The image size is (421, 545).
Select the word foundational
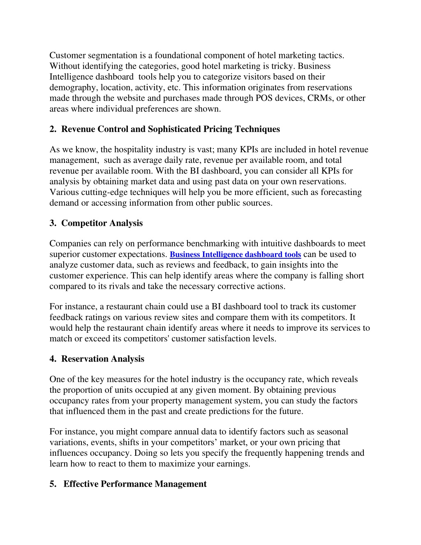pos(178,56)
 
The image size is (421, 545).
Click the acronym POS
pos(264,98)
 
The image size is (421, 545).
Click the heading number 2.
pos(53,129)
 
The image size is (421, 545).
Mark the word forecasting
pos(341,192)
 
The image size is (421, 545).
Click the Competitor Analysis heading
pos(102,223)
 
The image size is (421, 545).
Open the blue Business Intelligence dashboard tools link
pos(235,255)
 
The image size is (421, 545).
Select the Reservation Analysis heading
pos(103,359)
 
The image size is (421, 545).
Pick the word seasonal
pos(330,432)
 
